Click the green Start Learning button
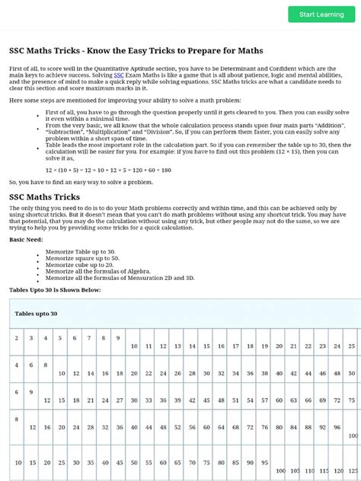click(x=321, y=14)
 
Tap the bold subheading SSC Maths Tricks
click(x=44, y=197)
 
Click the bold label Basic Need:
click(x=27, y=239)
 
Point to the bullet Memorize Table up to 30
click(x=81, y=251)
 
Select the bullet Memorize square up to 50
click(x=83, y=258)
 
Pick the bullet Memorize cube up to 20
click(x=81, y=265)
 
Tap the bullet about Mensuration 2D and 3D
click(x=120, y=279)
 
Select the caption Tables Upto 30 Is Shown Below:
click(x=54, y=290)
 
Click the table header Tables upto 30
click(x=36, y=313)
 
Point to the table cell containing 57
click(x=264, y=400)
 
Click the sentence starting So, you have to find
click(x=81, y=183)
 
